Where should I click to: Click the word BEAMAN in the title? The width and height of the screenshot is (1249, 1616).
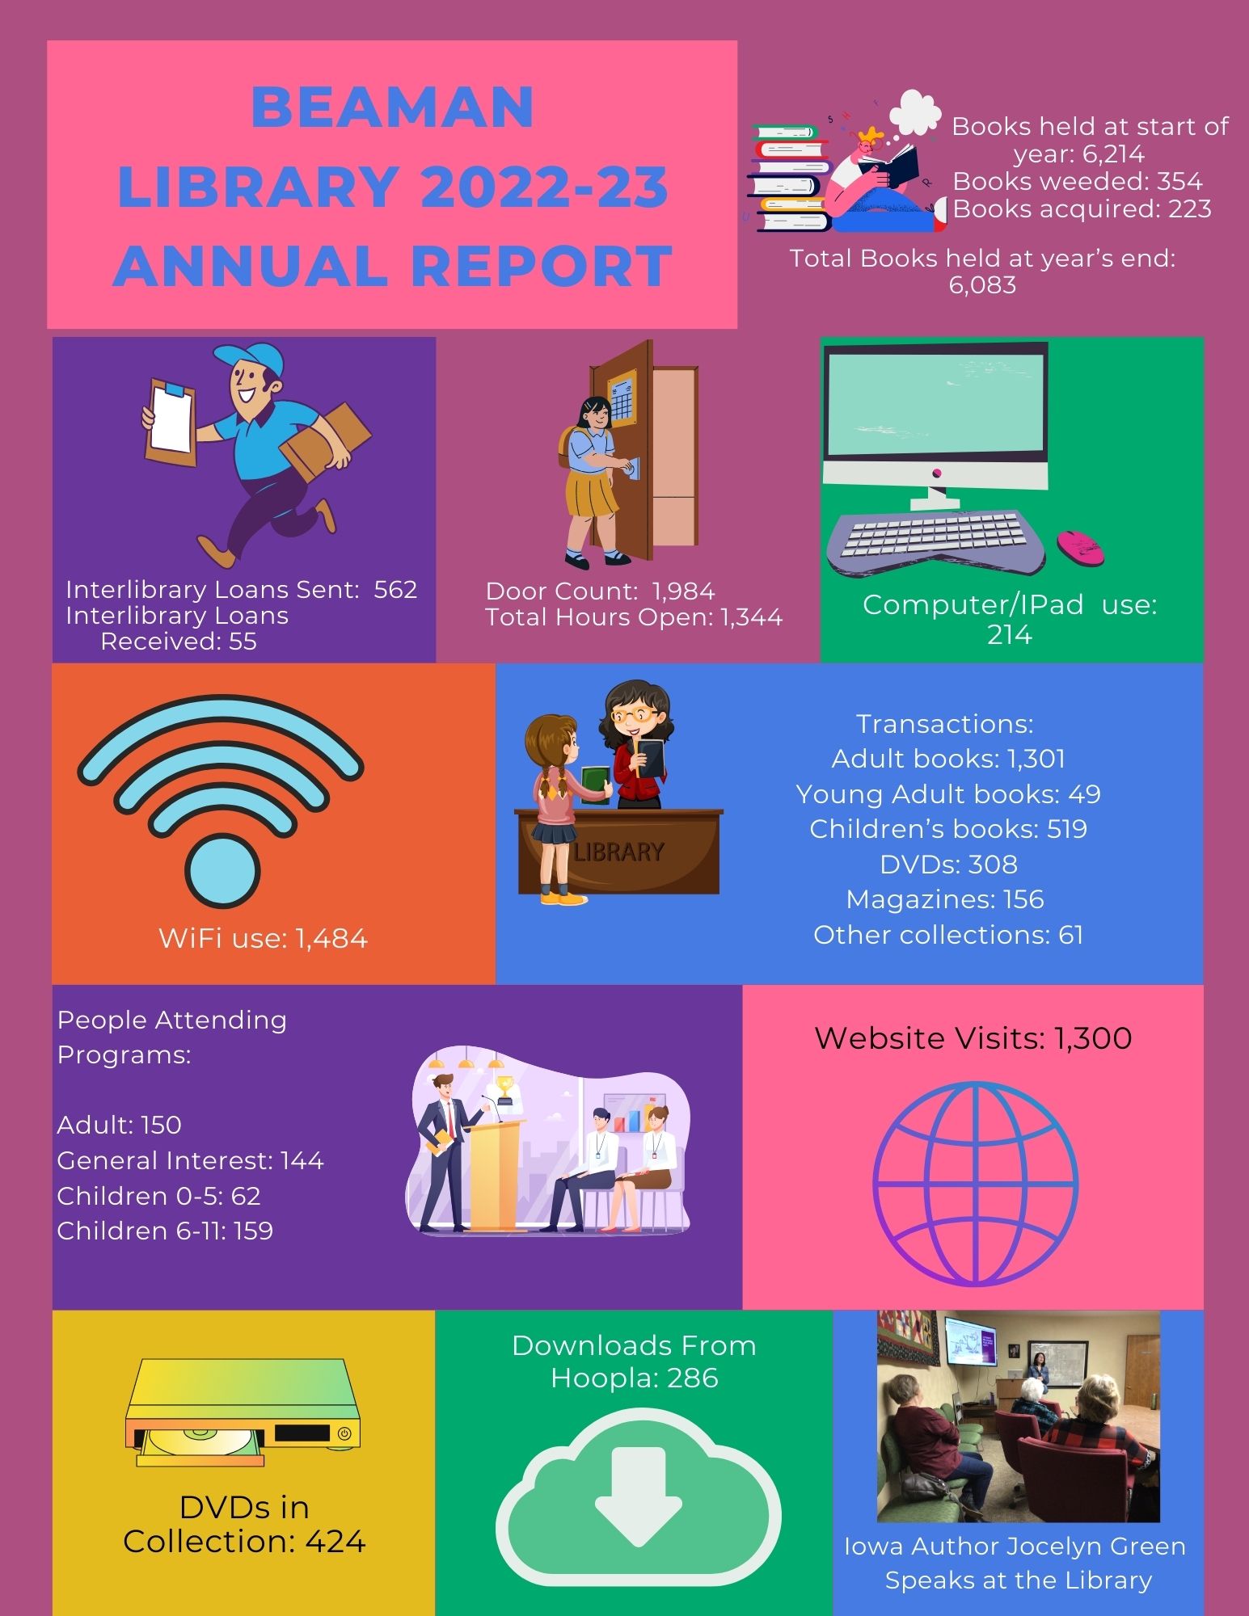393,107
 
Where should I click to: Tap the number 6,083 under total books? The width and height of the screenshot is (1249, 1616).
982,285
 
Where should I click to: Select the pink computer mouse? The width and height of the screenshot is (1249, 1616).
1080,547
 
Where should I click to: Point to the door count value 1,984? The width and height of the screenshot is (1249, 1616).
684,591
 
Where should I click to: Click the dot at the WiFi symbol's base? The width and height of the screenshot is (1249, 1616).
222,872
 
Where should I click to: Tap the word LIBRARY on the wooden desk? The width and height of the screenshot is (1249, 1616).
619,852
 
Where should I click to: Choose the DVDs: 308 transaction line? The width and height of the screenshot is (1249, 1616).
948,865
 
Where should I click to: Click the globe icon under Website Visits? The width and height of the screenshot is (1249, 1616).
975,1183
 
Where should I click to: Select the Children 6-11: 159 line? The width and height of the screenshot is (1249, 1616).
165,1231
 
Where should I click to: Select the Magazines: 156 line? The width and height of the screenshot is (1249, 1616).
945,899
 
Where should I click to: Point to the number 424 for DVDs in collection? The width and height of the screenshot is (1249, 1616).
335,1542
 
